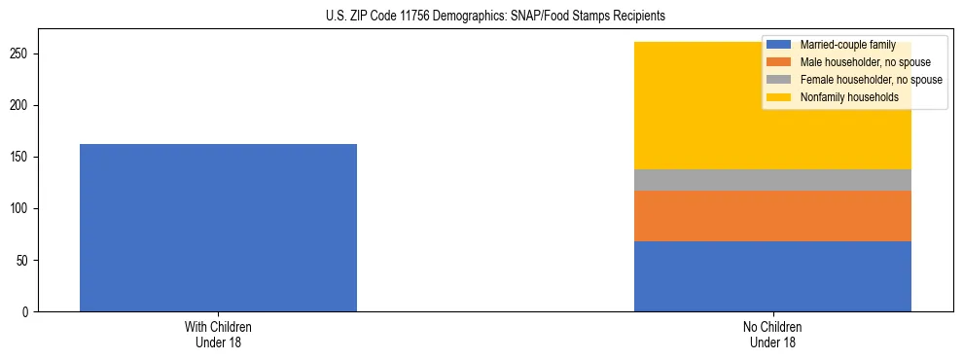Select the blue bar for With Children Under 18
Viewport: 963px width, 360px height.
pyautogui.click(x=218, y=228)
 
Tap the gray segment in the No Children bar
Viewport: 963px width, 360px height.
pyautogui.click(x=772, y=180)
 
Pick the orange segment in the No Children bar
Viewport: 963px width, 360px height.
pyautogui.click(x=772, y=216)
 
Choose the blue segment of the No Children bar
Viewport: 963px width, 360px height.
pyautogui.click(x=772, y=276)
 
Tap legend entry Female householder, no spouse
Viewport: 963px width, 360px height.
pyautogui.click(x=871, y=80)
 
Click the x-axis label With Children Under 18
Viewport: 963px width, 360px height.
pyautogui.click(x=218, y=335)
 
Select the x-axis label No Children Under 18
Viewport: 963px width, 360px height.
pyautogui.click(x=772, y=335)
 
